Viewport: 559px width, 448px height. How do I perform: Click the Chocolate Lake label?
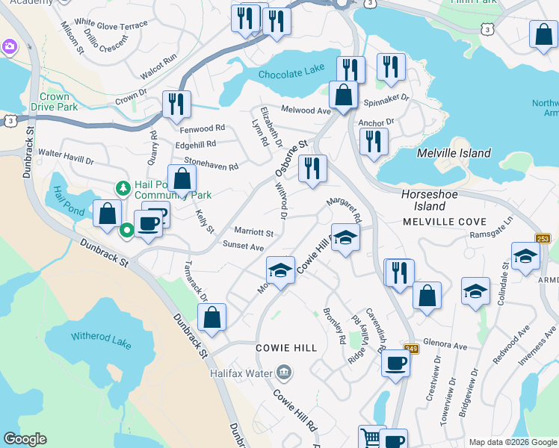[291, 72]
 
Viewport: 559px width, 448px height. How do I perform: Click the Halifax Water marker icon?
[283, 371]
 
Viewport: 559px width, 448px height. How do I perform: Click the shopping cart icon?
[371, 436]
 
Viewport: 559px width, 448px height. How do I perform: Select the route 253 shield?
[543, 238]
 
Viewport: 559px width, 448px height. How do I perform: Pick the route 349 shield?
[411, 347]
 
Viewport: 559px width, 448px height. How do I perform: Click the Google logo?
[24, 439]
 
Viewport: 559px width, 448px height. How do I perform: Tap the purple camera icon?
[9, 47]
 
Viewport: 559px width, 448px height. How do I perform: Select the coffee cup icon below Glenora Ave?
[395, 363]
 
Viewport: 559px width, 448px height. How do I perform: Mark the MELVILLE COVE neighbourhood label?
[444, 222]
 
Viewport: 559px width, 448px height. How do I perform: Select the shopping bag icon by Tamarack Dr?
[212, 317]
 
